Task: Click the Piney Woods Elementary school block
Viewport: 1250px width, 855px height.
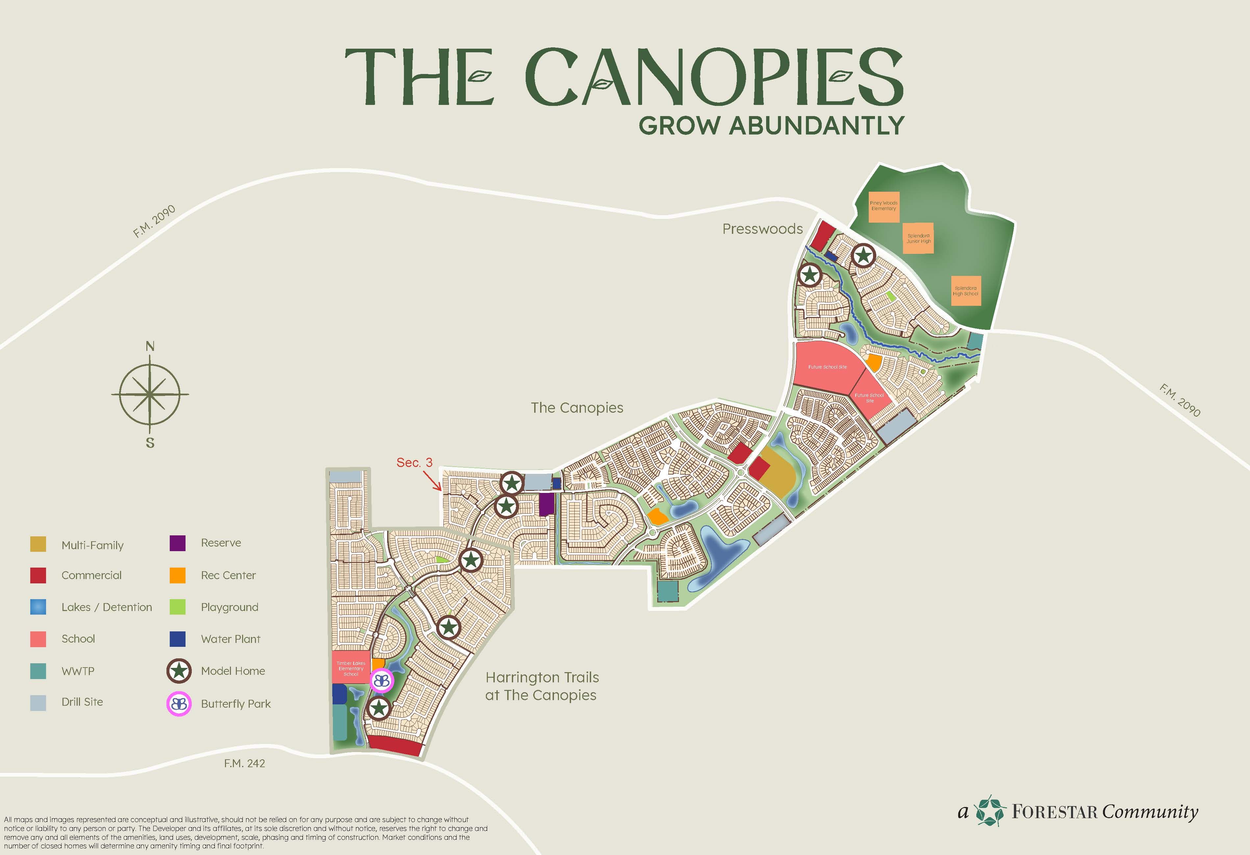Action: click(x=883, y=207)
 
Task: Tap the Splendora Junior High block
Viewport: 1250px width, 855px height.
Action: click(x=918, y=238)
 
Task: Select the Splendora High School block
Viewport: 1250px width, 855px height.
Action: click(x=965, y=291)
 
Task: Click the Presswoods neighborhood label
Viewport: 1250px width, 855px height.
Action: click(x=762, y=229)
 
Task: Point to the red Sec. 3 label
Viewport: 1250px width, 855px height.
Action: click(x=414, y=462)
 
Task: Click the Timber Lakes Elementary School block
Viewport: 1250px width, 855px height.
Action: click(x=351, y=668)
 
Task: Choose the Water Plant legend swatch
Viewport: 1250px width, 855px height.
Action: click(x=178, y=639)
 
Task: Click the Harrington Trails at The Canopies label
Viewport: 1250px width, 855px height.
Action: click(x=542, y=686)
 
